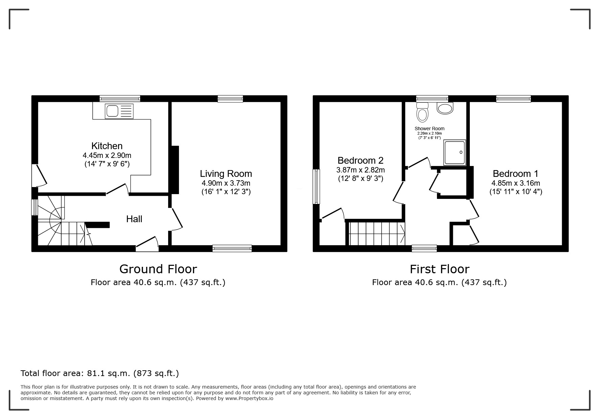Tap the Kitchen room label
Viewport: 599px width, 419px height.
(107, 146)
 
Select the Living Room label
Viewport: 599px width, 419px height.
(226, 174)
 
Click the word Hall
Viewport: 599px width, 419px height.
(134, 219)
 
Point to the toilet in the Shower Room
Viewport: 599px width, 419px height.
(422, 112)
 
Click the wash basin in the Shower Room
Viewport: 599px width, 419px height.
(445, 108)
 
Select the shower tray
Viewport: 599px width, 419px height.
(455, 153)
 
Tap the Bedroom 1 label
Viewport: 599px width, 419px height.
(515, 174)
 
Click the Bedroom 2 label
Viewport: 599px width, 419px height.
(361, 160)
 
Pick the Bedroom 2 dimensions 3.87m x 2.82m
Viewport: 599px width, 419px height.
(361, 170)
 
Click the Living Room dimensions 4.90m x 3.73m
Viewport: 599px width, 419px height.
(226, 183)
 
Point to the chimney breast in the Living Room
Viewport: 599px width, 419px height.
(175, 170)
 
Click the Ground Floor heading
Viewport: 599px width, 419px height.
(158, 269)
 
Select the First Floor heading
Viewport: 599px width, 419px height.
(440, 269)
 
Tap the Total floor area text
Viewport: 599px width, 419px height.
(100, 373)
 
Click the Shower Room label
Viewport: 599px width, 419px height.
(430, 129)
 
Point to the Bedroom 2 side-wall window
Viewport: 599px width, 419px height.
(317, 187)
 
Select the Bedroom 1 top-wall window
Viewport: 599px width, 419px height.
(513, 98)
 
